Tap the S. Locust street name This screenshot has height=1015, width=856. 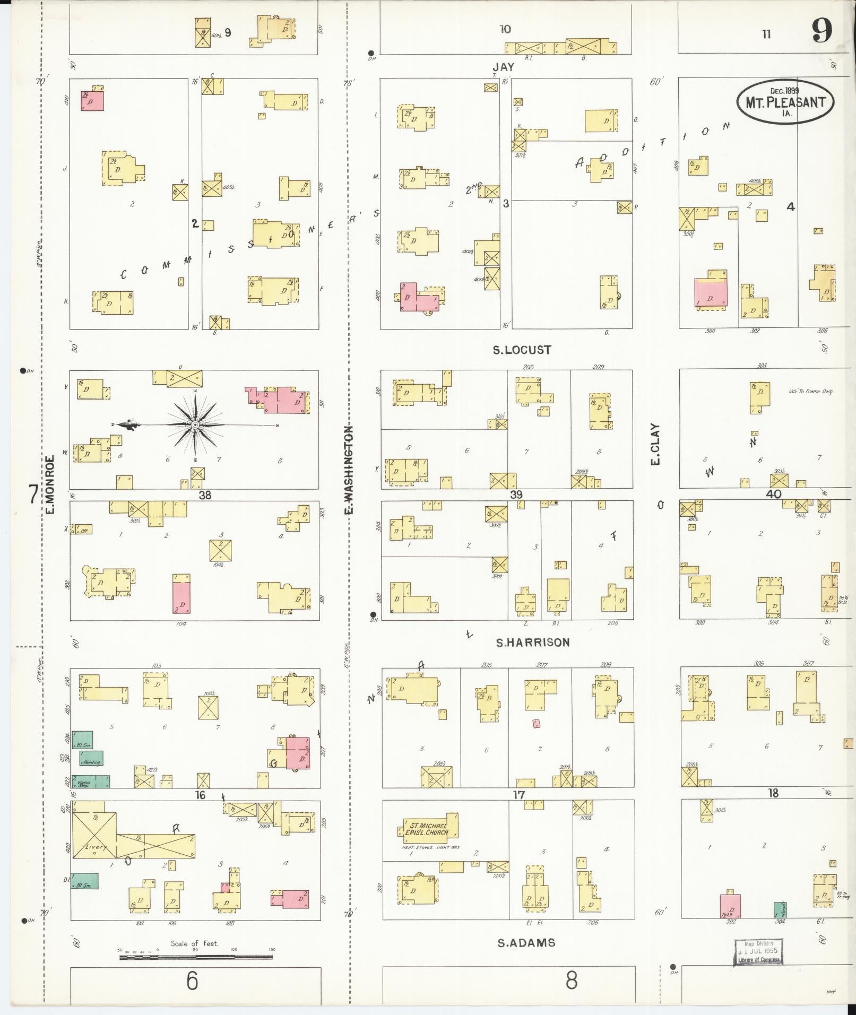[522, 350]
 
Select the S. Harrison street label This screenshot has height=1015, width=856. [532, 643]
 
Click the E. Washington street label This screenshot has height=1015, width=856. [349, 470]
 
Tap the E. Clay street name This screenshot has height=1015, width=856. [655, 444]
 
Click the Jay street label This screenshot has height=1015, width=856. [503, 67]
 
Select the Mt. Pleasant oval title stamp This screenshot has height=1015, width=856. [785, 102]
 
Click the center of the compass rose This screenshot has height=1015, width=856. [195, 425]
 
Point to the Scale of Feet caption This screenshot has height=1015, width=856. [194, 943]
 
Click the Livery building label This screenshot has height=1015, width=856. [96, 848]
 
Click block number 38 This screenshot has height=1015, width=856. [205, 495]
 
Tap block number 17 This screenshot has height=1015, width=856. [518, 795]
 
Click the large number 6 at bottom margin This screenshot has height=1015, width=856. [192, 981]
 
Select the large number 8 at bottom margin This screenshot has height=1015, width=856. [571, 981]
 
